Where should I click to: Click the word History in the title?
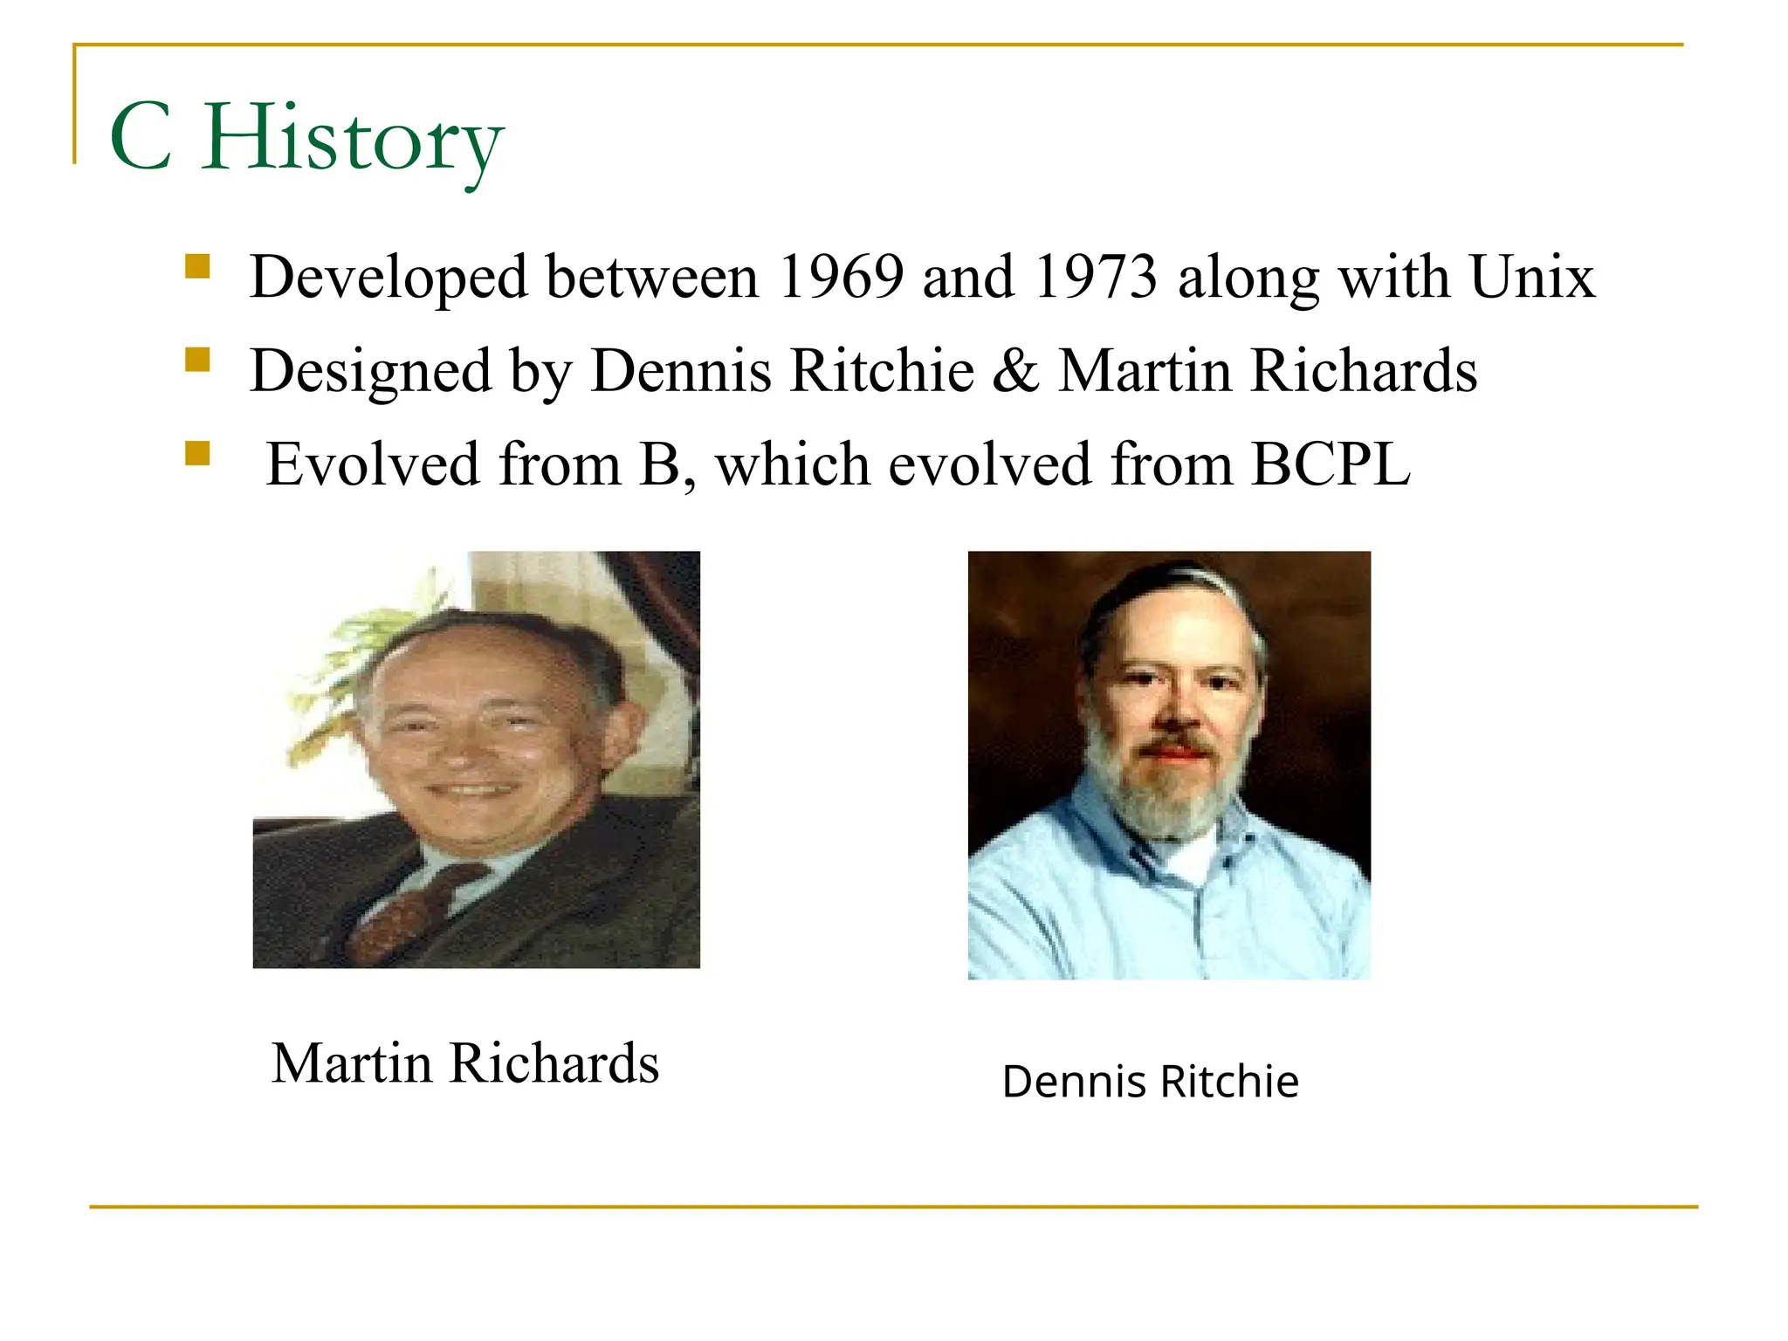(x=353, y=140)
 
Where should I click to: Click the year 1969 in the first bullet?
(x=840, y=278)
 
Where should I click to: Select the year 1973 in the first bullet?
(x=1096, y=278)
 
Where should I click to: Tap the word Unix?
(x=1532, y=278)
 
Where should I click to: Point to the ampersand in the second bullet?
(x=1015, y=371)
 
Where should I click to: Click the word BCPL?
(x=1330, y=464)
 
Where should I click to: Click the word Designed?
(x=370, y=371)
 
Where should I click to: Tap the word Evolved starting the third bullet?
(x=373, y=464)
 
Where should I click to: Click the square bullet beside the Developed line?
(x=198, y=266)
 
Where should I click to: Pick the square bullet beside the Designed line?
(x=198, y=360)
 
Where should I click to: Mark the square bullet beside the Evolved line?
(x=198, y=453)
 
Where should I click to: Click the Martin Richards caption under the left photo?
(x=465, y=1063)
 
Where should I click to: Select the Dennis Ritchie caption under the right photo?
(x=1150, y=1082)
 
